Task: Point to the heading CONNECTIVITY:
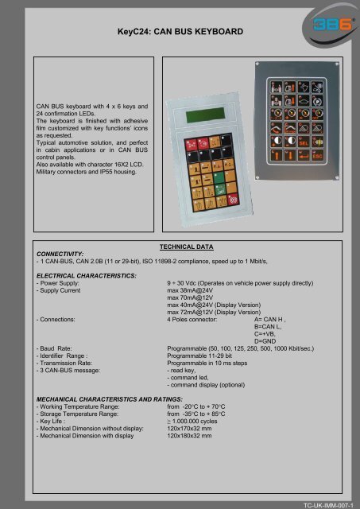55,254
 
